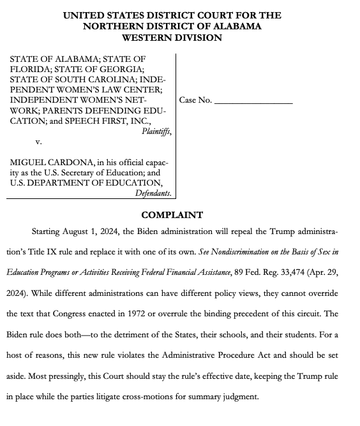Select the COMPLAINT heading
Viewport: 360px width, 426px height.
(172, 215)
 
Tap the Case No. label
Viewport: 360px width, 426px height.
(195, 100)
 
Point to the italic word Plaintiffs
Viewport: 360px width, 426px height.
(156, 131)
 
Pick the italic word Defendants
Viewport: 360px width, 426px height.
(153, 193)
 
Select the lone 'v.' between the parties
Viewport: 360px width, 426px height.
(38, 142)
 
